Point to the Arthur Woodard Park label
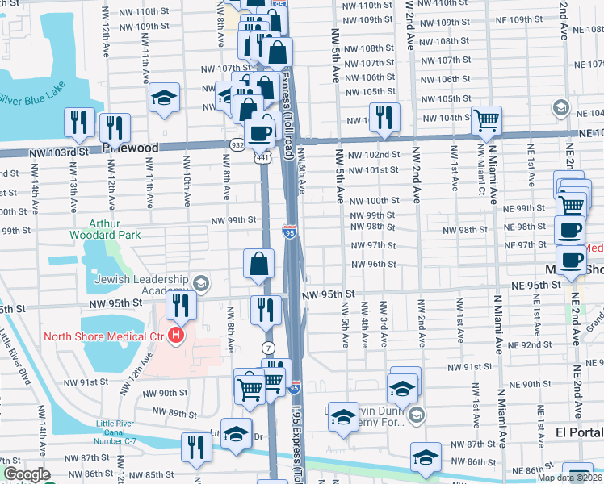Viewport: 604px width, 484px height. (x=105, y=228)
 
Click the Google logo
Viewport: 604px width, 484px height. (x=27, y=474)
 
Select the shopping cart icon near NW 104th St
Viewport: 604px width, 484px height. (x=486, y=120)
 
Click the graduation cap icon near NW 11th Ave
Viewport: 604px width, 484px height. (x=164, y=98)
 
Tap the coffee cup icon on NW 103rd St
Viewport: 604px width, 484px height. (x=261, y=133)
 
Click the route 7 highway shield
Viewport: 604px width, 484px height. (x=268, y=348)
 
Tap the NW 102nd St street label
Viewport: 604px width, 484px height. (x=375, y=154)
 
